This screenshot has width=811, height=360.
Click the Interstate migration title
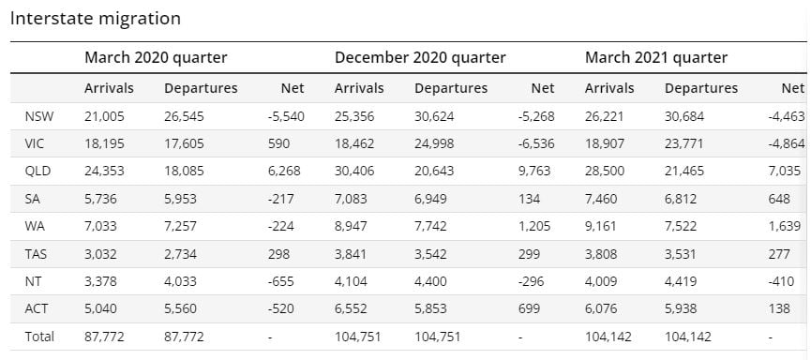[x=96, y=19]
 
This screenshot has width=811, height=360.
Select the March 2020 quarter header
[x=156, y=57]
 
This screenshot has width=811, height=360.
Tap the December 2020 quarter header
[x=420, y=57]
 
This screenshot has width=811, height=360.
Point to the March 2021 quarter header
[x=656, y=57]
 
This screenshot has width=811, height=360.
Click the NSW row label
[x=39, y=116]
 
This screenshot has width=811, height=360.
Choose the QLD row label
[x=38, y=171]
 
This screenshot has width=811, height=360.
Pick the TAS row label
[x=37, y=254]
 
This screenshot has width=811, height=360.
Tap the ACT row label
[x=37, y=308]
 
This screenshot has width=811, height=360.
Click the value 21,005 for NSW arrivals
[x=104, y=116]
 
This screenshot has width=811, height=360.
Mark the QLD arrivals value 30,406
[x=354, y=171]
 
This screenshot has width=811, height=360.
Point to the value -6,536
[x=536, y=143]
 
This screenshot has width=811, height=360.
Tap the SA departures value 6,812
[x=681, y=199]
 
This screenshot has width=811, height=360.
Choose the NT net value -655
[x=281, y=281]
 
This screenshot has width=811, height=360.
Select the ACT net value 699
[x=529, y=308]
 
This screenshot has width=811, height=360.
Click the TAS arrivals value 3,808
[x=601, y=254]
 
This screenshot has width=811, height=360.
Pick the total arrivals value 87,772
[x=104, y=337]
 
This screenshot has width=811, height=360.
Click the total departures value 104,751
[x=438, y=337]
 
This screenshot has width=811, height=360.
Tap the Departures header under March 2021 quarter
[x=701, y=88]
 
